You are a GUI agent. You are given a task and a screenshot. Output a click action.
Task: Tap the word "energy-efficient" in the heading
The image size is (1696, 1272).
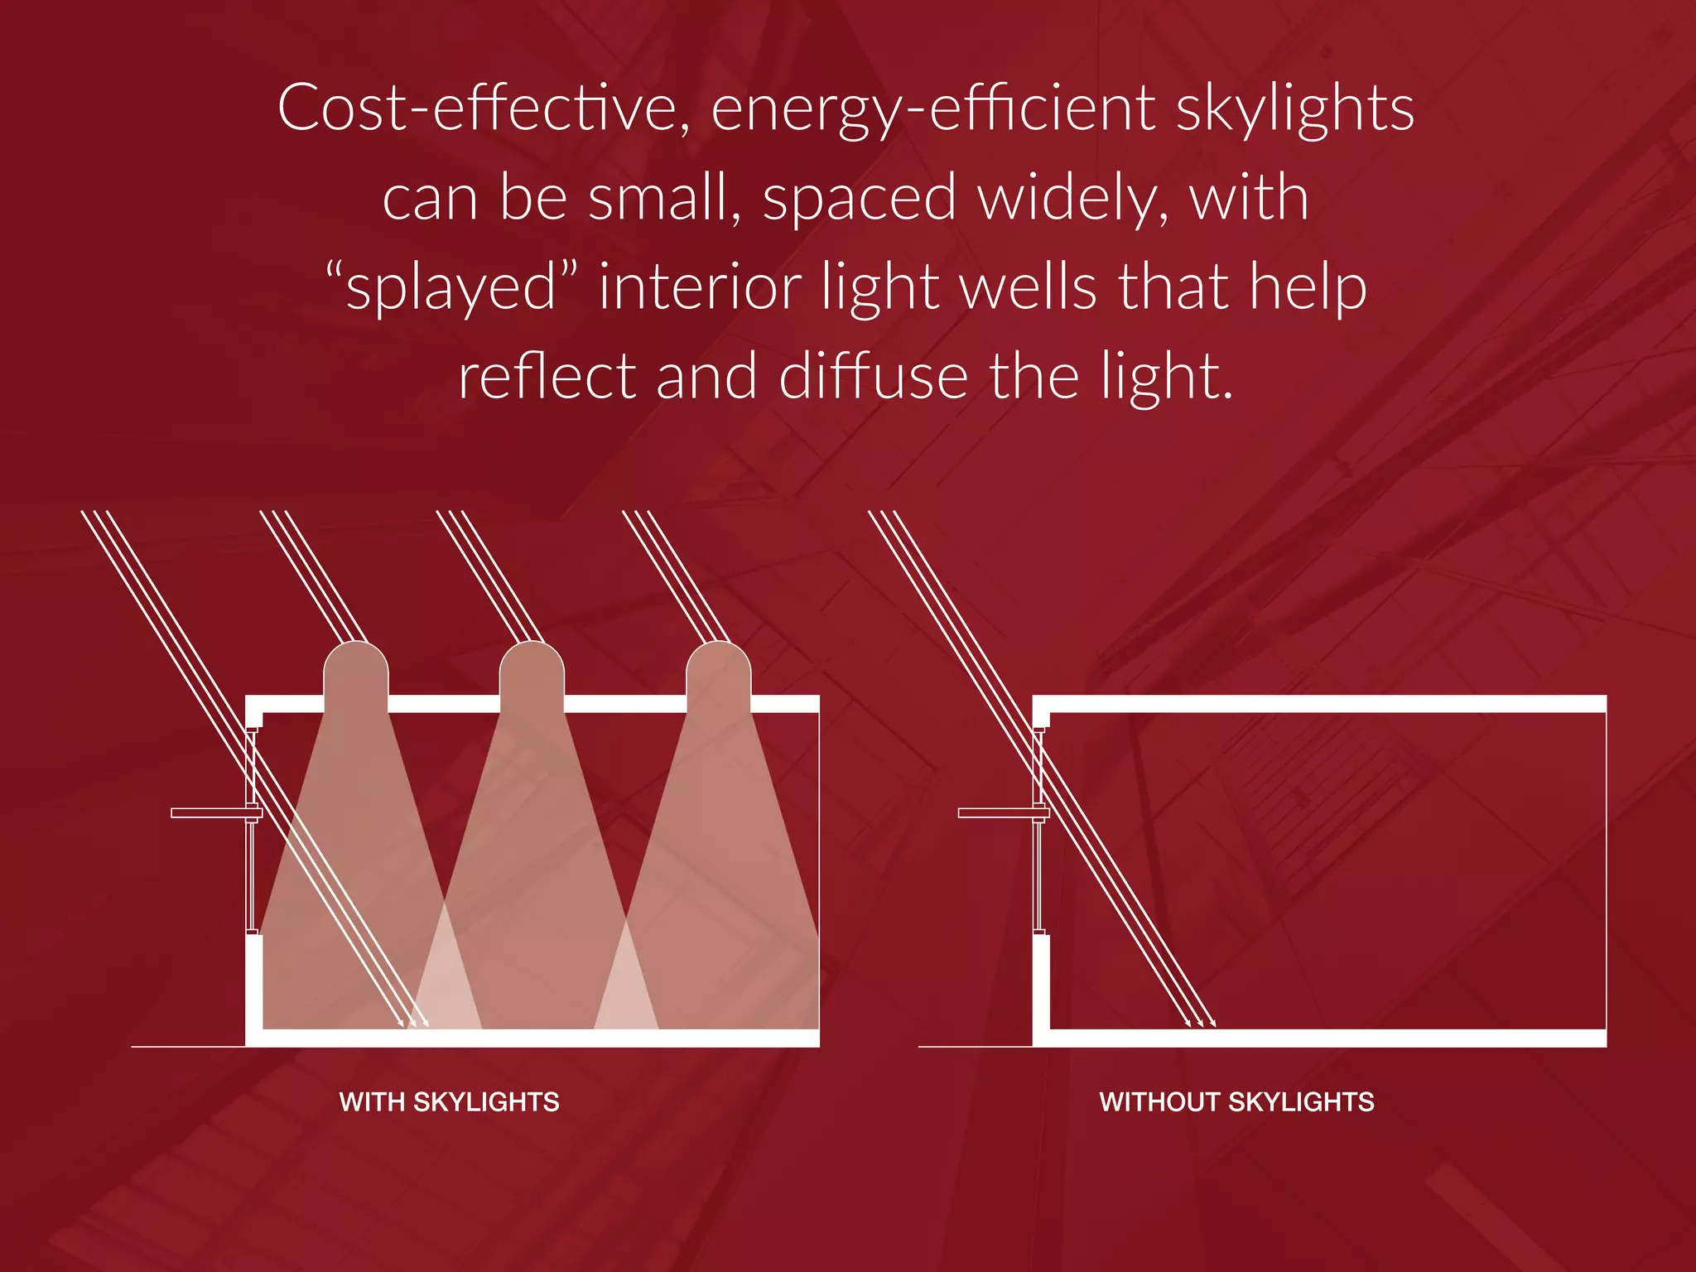click(x=932, y=109)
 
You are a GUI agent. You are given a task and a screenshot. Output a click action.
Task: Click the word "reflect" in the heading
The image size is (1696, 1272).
click(x=547, y=376)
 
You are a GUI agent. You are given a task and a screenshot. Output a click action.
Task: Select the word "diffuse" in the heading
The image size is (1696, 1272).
click(x=873, y=376)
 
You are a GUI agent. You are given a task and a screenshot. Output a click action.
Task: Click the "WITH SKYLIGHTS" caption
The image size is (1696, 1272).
click(x=449, y=1101)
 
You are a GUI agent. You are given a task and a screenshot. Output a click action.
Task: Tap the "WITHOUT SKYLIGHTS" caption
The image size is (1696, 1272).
click(x=1236, y=1101)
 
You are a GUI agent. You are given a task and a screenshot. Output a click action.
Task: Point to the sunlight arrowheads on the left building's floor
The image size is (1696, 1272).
click(x=414, y=1023)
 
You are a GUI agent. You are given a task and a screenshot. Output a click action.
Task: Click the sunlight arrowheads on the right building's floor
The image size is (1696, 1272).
click(x=1201, y=1023)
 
